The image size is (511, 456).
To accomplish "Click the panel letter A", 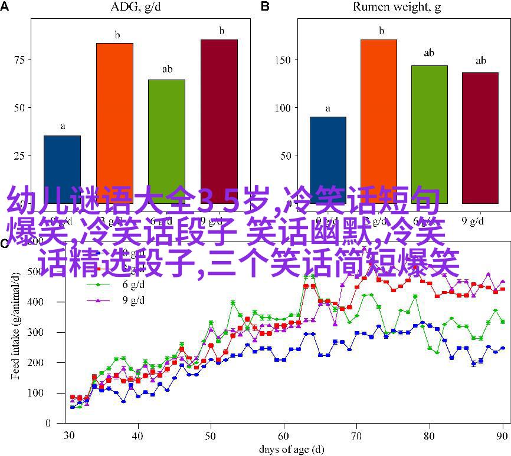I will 5,6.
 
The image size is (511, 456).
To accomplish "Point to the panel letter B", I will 265,6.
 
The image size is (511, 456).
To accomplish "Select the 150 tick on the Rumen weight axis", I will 284,60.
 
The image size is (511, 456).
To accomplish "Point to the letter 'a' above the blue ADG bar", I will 62,126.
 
